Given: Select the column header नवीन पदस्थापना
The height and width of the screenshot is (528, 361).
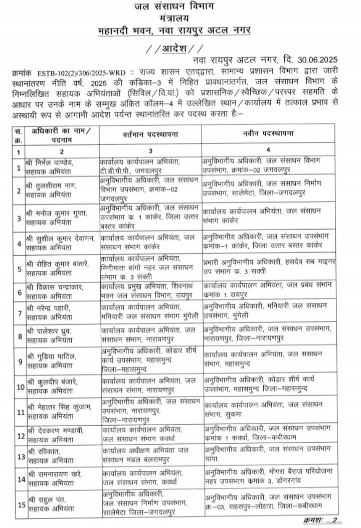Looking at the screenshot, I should pyautogui.click(x=269, y=134).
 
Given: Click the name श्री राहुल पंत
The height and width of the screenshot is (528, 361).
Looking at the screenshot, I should pyautogui.click(x=46, y=499).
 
